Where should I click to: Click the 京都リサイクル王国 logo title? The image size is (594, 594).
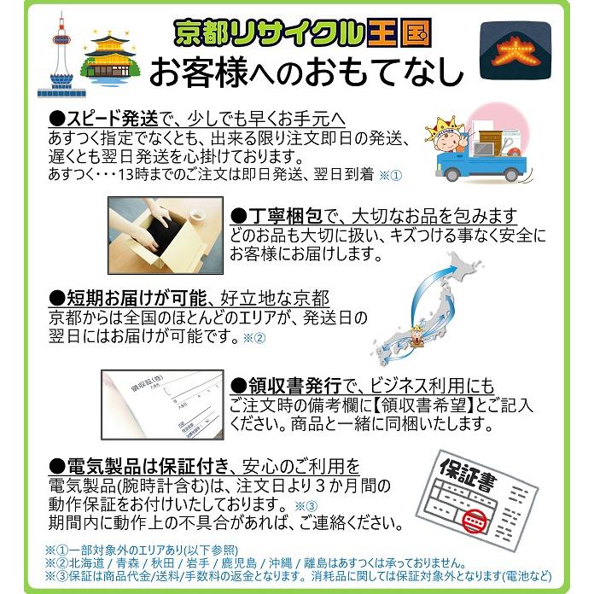point(303,32)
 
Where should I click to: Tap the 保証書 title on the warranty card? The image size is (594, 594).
point(465,473)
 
